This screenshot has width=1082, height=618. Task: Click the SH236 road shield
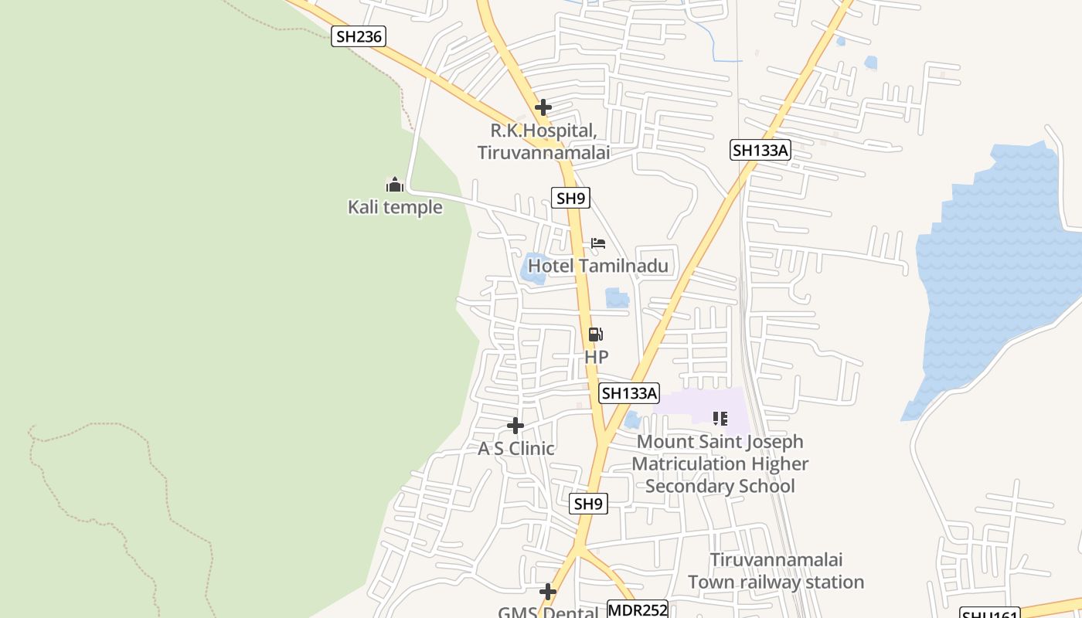[359, 36]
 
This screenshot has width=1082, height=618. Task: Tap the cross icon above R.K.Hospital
[543, 107]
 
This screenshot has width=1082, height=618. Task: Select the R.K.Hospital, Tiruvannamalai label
[543, 141]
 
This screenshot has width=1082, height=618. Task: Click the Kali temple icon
[395, 185]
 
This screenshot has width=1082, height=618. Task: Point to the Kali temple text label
[395, 207]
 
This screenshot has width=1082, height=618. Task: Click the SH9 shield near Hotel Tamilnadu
[570, 198]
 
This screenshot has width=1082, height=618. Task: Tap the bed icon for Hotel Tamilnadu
[598, 243]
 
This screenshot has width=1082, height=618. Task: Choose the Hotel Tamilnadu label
[597, 266]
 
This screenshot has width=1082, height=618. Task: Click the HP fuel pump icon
[596, 334]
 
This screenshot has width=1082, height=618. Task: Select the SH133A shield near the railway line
[760, 150]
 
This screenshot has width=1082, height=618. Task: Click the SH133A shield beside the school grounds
[629, 393]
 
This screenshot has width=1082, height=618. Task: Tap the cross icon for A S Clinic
[515, 426]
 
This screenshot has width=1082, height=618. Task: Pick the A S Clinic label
[515, 448]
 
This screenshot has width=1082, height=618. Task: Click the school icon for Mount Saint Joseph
[720, 419]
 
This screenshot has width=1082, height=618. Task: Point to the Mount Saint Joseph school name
[720, 463]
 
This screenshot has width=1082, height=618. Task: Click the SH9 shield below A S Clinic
[589, 504]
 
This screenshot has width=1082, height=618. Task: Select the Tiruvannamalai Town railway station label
[776, 571]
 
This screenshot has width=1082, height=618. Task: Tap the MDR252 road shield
[637, 610]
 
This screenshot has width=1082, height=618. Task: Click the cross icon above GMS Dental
[548, 593]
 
